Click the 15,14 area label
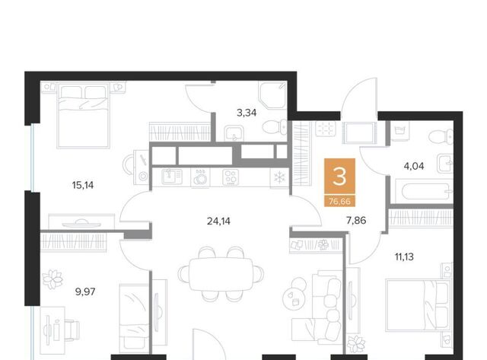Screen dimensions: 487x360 83,186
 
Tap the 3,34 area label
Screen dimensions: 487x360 247,113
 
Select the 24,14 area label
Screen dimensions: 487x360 218,221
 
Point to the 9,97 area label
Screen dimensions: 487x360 85,292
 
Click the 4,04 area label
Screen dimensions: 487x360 414,166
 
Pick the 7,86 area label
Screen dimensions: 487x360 356,221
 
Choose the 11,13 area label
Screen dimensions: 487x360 404,257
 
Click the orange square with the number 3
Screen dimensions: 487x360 339,176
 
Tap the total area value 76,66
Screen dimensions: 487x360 339,202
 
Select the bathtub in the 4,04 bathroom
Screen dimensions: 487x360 426,192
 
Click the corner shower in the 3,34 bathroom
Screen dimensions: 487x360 272,95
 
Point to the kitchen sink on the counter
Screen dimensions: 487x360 172,177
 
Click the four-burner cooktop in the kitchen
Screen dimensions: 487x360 231,177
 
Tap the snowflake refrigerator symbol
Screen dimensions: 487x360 279,177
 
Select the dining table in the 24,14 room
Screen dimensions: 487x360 221,274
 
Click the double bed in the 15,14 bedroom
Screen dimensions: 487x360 83,115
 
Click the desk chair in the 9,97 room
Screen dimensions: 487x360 72,330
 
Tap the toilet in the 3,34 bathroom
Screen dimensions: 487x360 275,127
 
